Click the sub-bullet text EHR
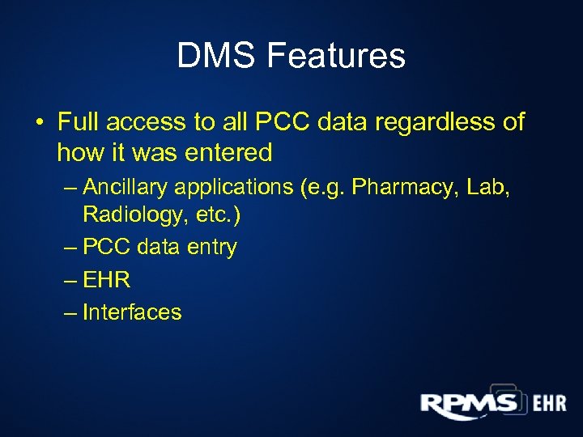point(106,280)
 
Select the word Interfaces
point(132,312)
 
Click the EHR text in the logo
point(549,404)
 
